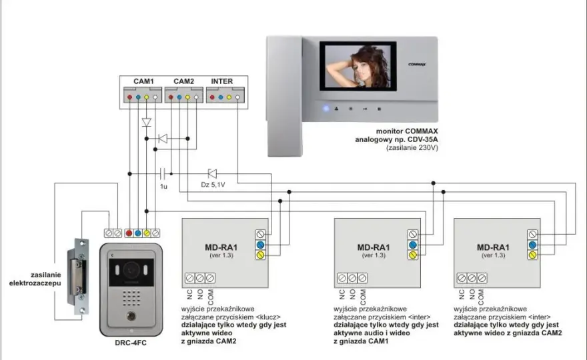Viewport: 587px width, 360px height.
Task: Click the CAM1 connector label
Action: (x=144, y=81)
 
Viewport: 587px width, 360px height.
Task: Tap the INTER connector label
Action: (x=221, y=81)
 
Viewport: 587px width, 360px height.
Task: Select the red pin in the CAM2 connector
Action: (x=171, y=97)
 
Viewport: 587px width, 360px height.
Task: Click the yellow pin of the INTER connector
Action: (x=229, y=97)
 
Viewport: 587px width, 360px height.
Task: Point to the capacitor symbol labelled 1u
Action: (x=163, y=173)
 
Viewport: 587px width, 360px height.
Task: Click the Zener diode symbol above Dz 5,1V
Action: (x=212, y=173)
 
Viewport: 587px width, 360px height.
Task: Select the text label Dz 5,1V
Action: (x=213, y=185)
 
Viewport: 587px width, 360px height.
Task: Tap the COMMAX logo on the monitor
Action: (x=417, y=65)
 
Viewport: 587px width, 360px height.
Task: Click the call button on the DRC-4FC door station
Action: (x=131, y=316)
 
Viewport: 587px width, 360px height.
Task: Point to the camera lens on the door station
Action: (x=131, y=269)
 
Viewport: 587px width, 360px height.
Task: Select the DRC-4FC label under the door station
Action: (x=131, y=343)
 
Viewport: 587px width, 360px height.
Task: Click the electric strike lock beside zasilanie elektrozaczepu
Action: (x=78, y=276)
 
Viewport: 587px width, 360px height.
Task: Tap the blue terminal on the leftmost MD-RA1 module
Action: (x=261, y=245)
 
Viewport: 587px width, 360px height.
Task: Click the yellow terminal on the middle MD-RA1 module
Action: (x=413, y=255)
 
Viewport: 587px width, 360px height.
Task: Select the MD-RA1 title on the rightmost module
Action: (x=493, y=247)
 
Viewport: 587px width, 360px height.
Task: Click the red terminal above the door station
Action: (x=129, y=233)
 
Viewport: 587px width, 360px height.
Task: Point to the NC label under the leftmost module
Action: (x=189, y=295)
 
